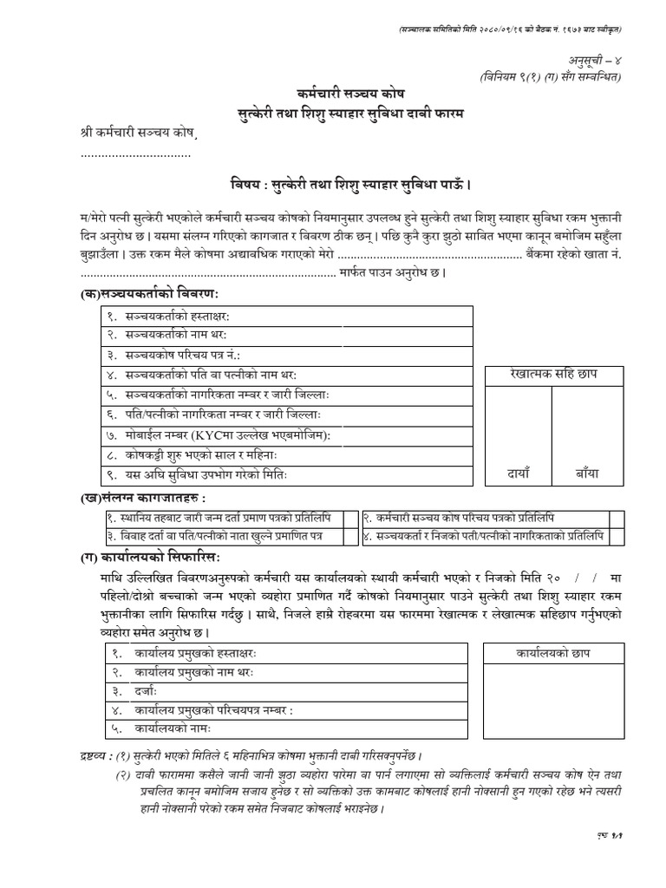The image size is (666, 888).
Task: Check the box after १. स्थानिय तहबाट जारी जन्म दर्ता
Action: coord(350,518)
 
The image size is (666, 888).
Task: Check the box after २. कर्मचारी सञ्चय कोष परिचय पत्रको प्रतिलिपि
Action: coord(615,518)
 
